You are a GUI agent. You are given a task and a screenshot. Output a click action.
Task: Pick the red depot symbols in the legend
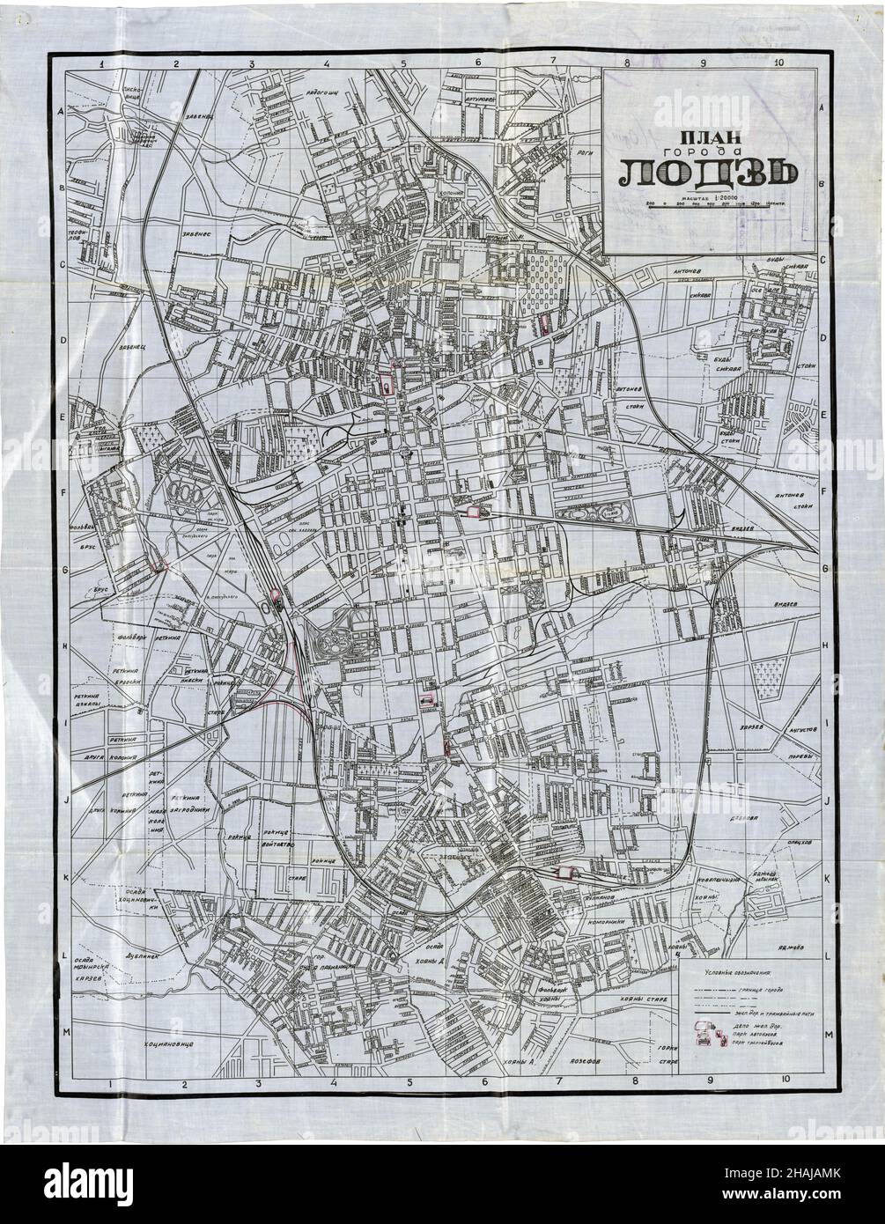704,1036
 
